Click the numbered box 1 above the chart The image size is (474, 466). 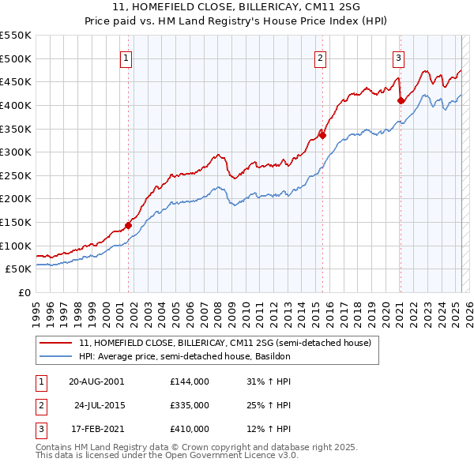127,57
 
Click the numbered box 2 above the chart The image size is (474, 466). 321,57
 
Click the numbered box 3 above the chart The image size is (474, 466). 399,57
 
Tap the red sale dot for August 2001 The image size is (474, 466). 128,225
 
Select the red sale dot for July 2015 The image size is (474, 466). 322,135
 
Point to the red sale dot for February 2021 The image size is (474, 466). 401,100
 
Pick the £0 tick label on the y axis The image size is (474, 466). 23,292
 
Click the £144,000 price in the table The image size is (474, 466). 190,381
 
